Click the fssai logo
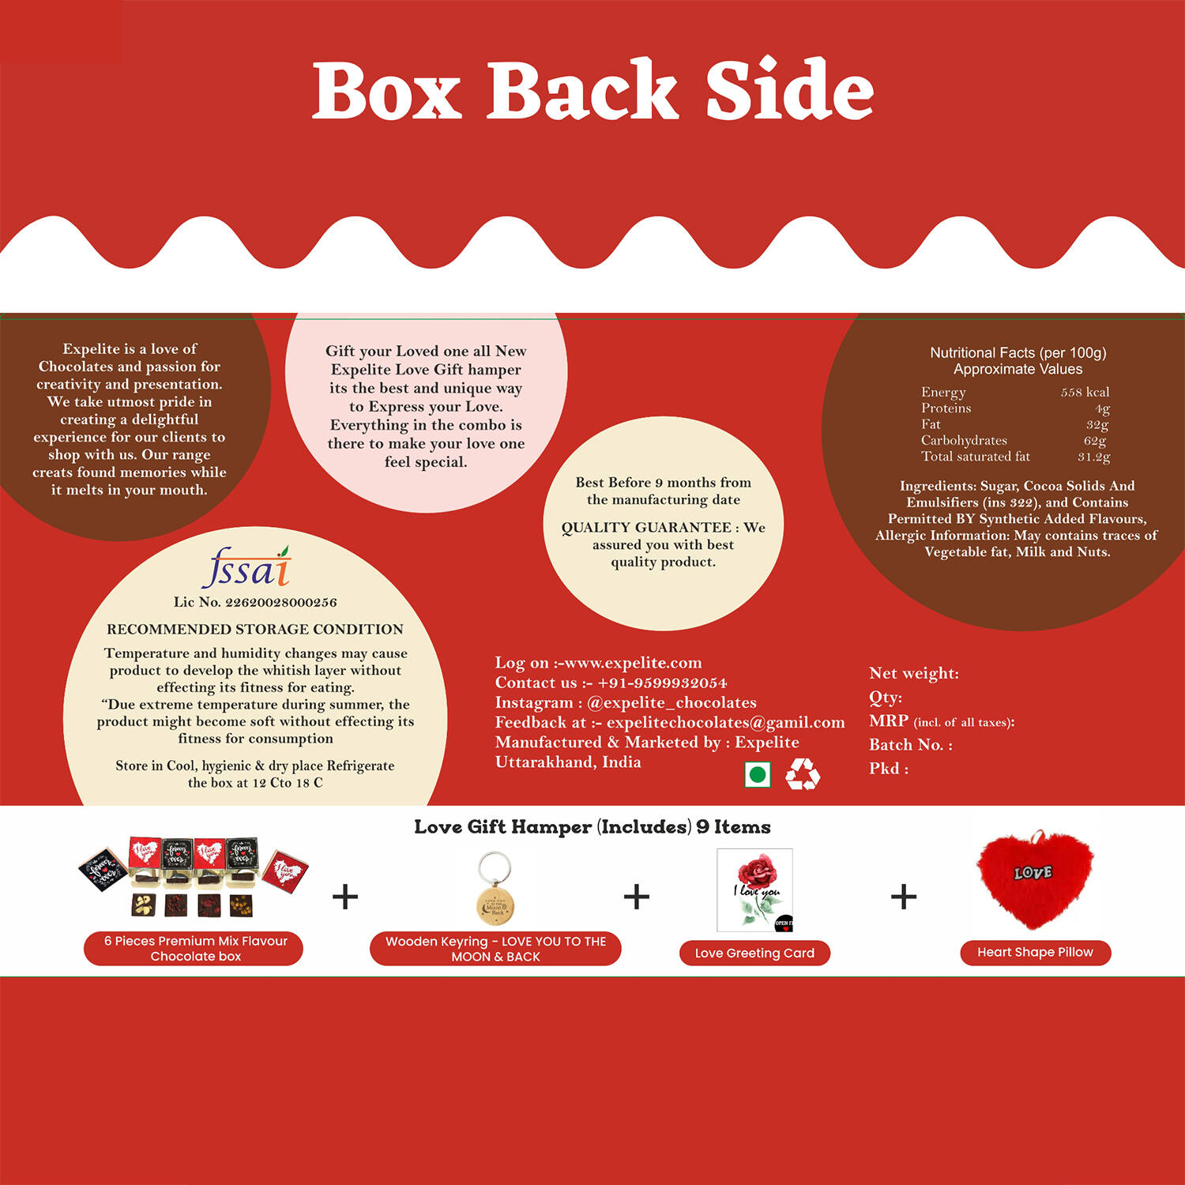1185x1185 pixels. [247, 567]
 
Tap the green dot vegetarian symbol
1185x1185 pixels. [758, 774]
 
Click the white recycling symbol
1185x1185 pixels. [803, 774]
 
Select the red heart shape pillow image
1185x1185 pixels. [1035, 878]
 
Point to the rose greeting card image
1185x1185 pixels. [754, 890]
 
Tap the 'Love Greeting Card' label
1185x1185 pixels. [754, 953]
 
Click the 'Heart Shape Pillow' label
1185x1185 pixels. [1035, 952]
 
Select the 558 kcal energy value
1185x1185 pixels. [1085, 392]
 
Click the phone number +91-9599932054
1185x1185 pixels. [662, 683]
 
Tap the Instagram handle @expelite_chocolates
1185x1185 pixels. [671, 702]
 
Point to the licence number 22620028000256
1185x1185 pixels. [281, 602]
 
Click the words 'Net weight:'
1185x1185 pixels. [914, 673]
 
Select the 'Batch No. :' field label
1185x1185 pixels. [911, 744]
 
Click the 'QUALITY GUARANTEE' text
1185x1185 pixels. [646, 527]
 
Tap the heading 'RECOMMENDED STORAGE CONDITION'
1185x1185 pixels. [255, 629]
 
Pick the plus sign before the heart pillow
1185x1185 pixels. [904, 897]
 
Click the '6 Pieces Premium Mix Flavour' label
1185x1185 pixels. [196, 941]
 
